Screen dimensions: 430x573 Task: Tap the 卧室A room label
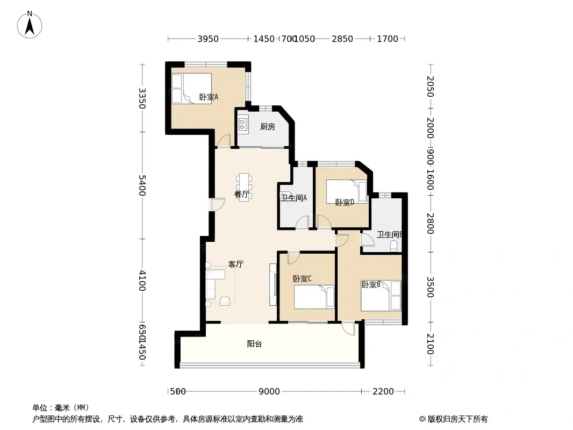[x=208, y=97]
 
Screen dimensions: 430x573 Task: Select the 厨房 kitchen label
[x=267, y=127]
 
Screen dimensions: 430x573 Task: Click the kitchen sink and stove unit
[x=242, y=125]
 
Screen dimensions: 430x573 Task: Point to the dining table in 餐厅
[x=245, y=186]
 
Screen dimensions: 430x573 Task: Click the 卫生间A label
[x=293, y=198]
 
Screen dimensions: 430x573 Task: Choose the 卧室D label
[x=344, y=203]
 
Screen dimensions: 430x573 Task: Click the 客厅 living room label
[x=236, y=264]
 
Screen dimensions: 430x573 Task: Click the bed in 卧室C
[x=314, y=297]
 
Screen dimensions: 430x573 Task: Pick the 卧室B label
[x=371, y=285]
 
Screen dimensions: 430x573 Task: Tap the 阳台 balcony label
[x=254, y=344]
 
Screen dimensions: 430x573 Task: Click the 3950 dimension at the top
[x=208, y=39]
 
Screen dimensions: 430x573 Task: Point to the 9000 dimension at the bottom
[x=269, y=391]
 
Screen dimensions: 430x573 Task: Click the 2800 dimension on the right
[x=430, y=223]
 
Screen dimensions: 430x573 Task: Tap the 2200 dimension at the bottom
[x=383, y=391]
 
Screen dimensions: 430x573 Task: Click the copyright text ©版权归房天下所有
[x=454, y=419]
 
